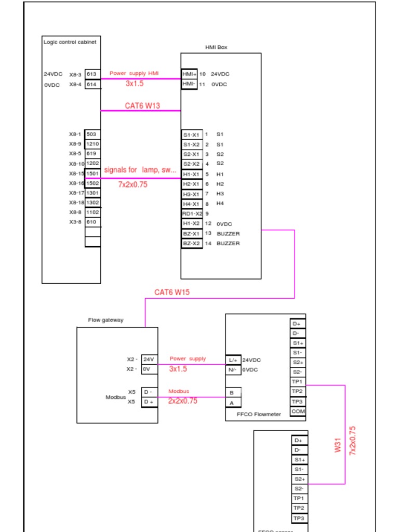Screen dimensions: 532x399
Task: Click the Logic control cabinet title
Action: click(x=70, y=42)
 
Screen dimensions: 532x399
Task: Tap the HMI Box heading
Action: click(x=216, y=47)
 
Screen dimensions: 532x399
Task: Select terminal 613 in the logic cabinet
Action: click(x=92, y=74)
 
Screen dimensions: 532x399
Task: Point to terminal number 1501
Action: click(x=92, y=174)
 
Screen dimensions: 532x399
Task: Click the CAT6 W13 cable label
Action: click(x=142, y=105)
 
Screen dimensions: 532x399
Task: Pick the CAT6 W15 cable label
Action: click(x=172, y=292)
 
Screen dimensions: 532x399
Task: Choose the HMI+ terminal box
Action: click(x=189, y=74)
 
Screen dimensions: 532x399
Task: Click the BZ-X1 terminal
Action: click(x=191, y=234)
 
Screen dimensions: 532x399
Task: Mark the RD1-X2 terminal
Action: click(x=192, y=214)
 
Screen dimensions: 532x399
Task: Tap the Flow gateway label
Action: click(x=106, y=320)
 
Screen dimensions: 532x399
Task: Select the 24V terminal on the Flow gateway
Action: click(x=149, y=359)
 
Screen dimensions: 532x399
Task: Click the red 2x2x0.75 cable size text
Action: click(x=182, y=401)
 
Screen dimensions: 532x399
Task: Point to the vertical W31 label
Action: click(x=338, y=445)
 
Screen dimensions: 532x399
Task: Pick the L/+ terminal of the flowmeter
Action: click(x=233, y=360)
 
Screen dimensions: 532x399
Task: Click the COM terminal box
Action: click(x=298, y=411)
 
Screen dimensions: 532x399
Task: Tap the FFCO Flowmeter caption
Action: click(x=259, y=414)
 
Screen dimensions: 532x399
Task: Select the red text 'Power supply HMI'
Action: click(x=134, y=73)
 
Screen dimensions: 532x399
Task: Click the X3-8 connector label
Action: click(x=75, y=222)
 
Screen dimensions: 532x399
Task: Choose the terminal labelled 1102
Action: click(x=92, y=212)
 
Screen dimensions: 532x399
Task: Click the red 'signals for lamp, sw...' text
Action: click(x=140, y=170)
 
